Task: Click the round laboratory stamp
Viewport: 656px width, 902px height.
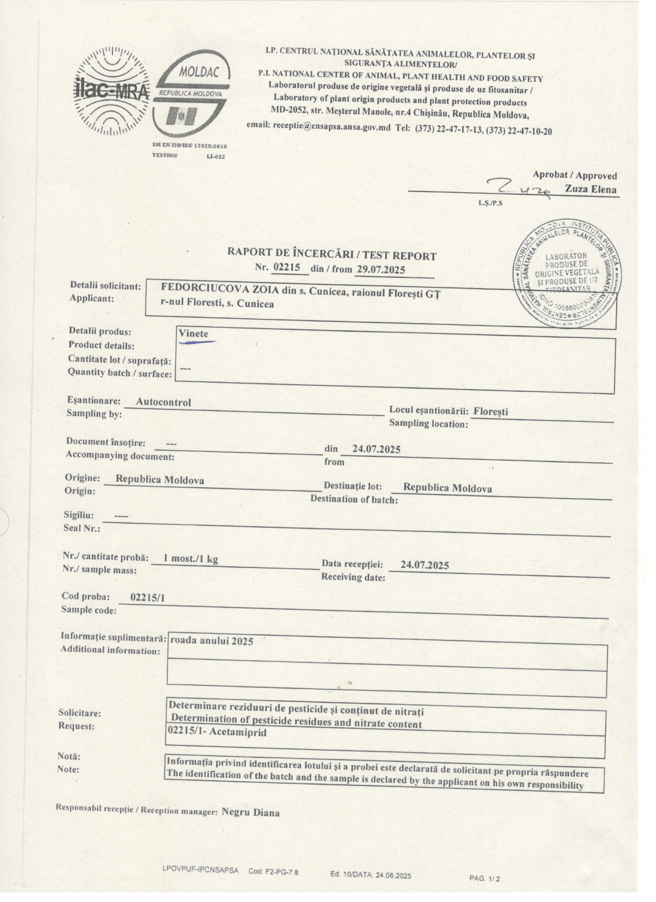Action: [566, 274]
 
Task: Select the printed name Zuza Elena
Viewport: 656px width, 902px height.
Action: [591, 189]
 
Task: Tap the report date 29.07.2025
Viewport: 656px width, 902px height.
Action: [380, 270]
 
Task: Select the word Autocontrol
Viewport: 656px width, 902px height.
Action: [164, 402]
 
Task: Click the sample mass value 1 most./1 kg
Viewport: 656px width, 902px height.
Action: [191, 559]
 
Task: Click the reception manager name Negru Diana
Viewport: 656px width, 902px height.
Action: [250, 812]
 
